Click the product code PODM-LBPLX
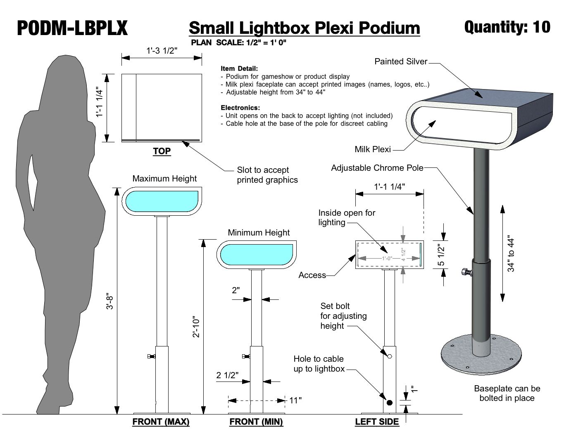pos(72,28)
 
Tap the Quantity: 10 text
pos(507,27)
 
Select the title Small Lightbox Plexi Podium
pos(304,28)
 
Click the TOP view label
pos(162,151)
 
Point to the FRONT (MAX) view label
pos(161,422)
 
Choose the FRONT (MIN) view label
pos(256,422)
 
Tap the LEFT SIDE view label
pos(377,422)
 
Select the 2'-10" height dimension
pos(196,327)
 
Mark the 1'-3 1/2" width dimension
pos(162,51)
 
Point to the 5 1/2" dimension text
pos(441,255)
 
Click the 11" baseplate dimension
pos(295,400)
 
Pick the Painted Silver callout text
pos(401,61)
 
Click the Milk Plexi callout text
pos(372,149)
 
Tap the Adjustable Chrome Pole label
pos(377,168)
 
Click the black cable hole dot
pos(389,403)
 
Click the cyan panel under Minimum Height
pos(257,254)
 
